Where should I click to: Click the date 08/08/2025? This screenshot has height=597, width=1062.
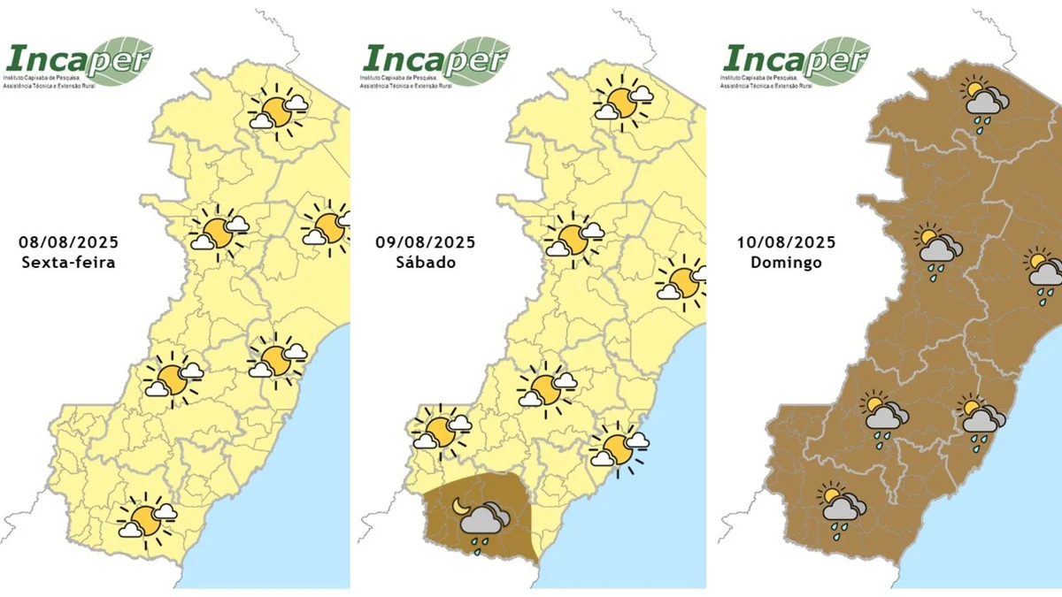point(68,242)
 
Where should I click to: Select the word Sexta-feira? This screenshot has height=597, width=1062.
point(68,264)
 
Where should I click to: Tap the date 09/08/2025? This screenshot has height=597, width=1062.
point(425,242)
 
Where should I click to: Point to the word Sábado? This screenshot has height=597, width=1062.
point(425,264)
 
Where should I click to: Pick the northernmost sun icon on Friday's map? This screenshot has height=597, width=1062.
point(278,112)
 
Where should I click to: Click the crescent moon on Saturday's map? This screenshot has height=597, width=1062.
point(461,505)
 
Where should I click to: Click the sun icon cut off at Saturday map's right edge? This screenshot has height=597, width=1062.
point(684,282)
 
